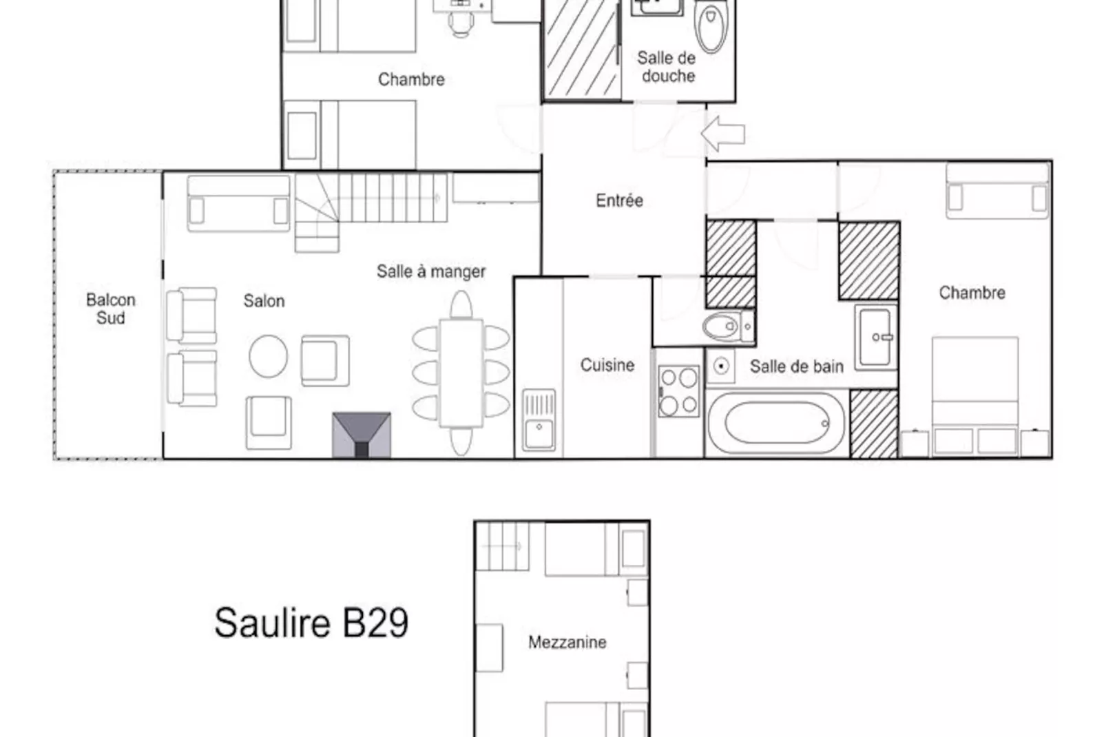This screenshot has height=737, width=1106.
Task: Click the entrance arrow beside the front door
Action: (723, 134)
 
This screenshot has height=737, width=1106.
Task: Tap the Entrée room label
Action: (619, 200)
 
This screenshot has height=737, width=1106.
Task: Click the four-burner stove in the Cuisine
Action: (678, 391)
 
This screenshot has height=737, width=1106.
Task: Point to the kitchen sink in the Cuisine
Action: (539, 419)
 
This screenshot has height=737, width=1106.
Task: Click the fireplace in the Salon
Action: (362, 435)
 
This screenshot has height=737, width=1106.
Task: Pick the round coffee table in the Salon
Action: (268, 355)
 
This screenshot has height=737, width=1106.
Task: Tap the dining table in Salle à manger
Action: (461, 373)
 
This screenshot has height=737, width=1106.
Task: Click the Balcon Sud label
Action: (110, 309)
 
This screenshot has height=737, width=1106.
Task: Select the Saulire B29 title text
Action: (311, 623)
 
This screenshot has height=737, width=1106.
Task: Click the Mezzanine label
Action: (567, 642)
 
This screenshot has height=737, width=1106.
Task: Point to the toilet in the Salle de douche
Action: (711, 25)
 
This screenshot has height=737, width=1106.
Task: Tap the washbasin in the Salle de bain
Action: (876, 337)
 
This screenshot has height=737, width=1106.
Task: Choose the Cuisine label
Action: (607, 365)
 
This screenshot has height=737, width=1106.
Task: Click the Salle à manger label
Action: (431, 271)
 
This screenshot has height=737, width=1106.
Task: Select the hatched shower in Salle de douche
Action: (583, 50)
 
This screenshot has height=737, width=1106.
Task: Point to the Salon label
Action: (264, 301)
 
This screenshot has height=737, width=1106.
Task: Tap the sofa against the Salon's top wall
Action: (238, 203)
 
